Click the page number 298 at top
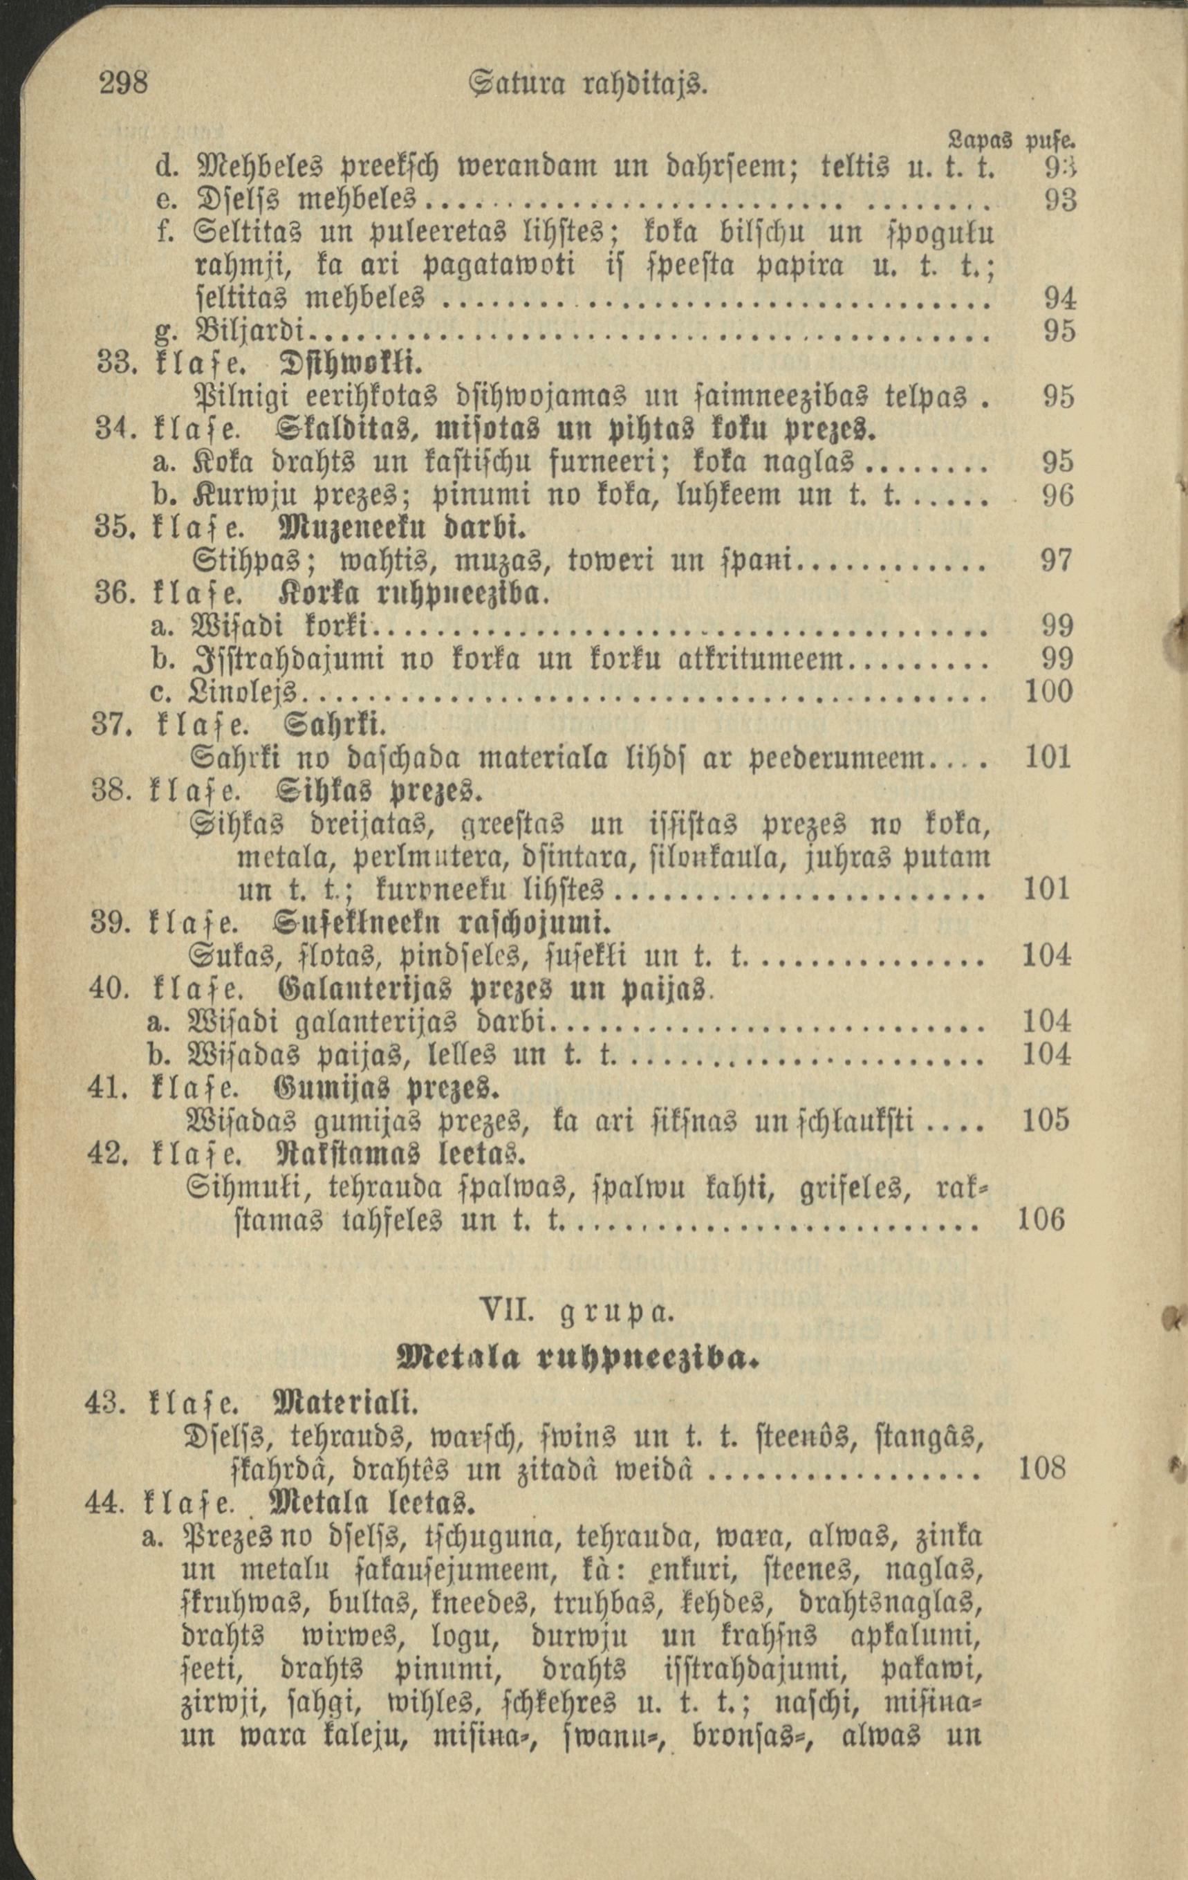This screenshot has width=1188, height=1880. [124, 81]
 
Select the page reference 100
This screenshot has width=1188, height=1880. [1047, 692]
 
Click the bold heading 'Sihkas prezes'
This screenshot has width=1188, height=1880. [376, 791]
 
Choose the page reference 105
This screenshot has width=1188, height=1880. [1046, 1121]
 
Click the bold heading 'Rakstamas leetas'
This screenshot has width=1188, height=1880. [396, 1153]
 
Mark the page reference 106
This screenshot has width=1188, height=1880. [1042, 1219]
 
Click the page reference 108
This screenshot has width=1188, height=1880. [1042, 1468]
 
